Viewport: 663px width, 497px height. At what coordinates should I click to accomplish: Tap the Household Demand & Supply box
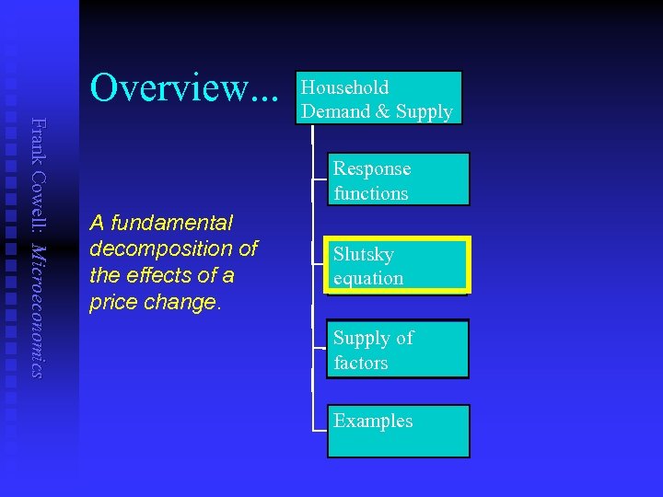coord(378,98)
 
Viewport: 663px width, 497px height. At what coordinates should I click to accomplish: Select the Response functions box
coord(398,179)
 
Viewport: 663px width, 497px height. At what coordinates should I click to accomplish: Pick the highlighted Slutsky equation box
coord(398,266)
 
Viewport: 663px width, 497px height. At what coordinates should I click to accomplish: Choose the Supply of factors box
coord(398,349)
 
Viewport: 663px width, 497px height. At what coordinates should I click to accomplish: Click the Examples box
coord(398,431)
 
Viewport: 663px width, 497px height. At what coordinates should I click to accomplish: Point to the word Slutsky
coord(364,254)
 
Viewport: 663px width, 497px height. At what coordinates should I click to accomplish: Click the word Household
coord(345,87)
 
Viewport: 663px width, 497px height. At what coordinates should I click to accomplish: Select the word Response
coord(372,168)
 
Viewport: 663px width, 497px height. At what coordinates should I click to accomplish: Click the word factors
coord(361,363)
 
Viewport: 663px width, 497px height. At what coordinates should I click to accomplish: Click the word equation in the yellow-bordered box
coord(368,278)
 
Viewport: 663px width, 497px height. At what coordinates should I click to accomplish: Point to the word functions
coord(371,193)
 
